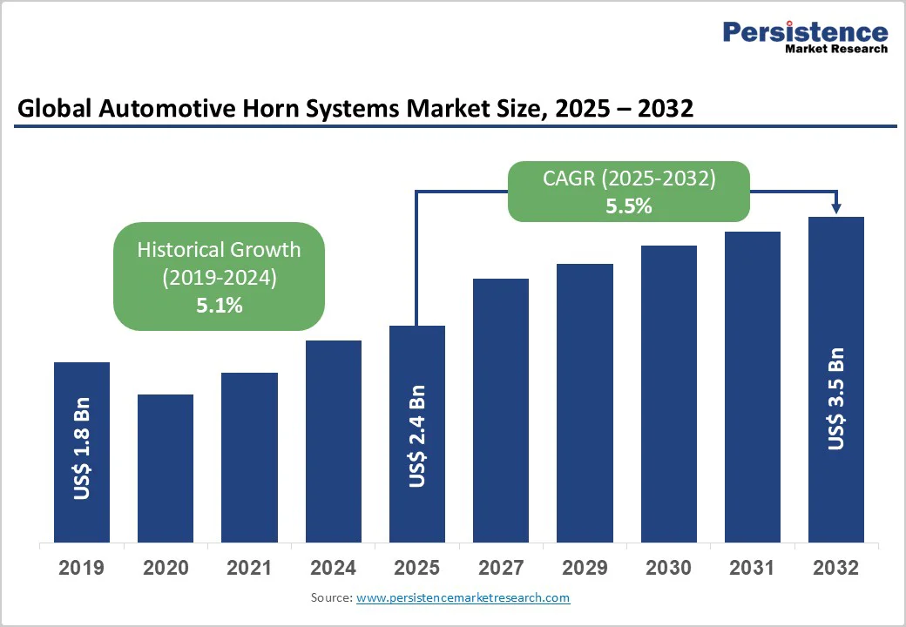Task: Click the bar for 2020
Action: click(x=166, y=468)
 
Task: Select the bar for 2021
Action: click(x=249, y=457)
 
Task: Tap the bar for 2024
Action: click(x=333, y=441)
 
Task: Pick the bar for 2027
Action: click(x=501, y=410)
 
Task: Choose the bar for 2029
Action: click(x=585, y=402)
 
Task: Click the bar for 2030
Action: click(x=669, y=394)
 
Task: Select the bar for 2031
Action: click(x=753, y=387)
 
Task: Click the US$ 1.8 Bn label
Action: click(x=82, y=449)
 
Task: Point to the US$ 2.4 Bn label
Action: click(x=417, y=435)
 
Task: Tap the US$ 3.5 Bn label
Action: click(x=836, y=398)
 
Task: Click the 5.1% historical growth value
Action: click(x=220, y=306)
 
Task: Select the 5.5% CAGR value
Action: click(x=629, y=206)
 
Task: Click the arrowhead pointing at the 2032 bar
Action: click(x=836, y=208)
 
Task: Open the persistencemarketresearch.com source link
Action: click(x=463, y=597)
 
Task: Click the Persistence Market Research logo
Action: click(x=805, y=37)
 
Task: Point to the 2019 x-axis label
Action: click(x=82, y=568)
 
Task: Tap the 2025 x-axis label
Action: click(x=417, y=568)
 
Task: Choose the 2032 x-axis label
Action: click(x=836, y=568)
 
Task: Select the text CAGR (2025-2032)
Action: click(x=629, y=179)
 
